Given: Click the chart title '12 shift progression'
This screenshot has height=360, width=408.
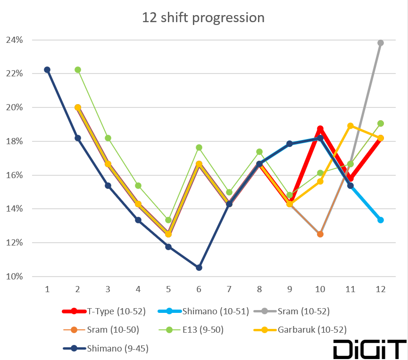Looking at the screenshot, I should click(x=203, y=18).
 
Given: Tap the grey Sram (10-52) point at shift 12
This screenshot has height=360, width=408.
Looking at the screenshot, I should click(x=380, y=43).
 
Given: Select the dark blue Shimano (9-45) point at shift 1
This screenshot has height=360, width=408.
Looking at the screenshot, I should click(x=47, y=70).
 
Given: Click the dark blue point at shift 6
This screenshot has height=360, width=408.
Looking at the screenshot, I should click(x=199, y=268).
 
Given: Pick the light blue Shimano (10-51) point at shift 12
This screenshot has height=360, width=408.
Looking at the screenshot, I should click(x=380, y=220).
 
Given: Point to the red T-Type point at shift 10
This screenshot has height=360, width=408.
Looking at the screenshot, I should click(x=320, y=129).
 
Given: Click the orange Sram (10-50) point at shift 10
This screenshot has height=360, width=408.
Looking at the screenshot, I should click(x=320, y=234).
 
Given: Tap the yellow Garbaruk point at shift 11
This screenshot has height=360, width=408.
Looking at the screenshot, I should click(x=350, y=126).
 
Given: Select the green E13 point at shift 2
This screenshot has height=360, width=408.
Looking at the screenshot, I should click(x=78, y=70).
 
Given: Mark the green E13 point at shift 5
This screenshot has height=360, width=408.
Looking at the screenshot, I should click(x=168, y=220).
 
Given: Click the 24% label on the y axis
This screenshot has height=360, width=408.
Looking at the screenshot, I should click(x=14, y=40).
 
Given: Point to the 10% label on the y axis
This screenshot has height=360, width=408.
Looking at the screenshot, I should click(x=14, y=277).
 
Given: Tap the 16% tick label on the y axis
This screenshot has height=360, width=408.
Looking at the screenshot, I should click(x=14, y=175).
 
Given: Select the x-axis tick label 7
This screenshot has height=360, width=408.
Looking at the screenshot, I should click(x=229, y=289).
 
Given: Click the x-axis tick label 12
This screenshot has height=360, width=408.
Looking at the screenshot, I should click(x=380, y=289).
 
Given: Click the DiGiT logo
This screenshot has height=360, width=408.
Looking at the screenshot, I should click(x=369, y=349).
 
